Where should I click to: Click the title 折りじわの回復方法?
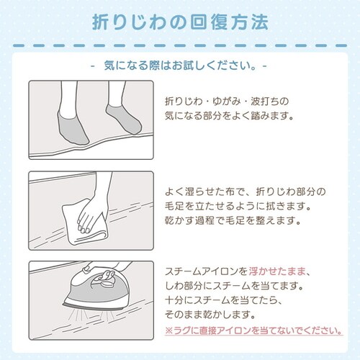coord(180,22)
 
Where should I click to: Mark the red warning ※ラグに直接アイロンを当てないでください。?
coord(252,332)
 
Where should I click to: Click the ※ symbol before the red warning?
coord(168,332)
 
